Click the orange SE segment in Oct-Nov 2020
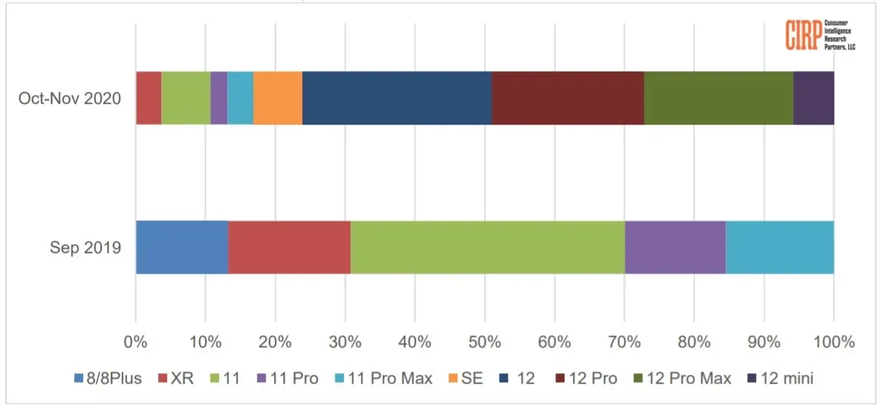278,98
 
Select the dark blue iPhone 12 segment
397,98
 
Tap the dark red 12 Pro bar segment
567,98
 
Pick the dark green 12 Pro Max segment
718,98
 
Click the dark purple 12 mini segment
813,98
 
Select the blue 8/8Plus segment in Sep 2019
181,247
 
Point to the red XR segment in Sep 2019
289,247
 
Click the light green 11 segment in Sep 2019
487,247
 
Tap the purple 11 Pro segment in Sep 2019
674,247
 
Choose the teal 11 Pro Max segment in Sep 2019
779,247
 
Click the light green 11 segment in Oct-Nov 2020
186,98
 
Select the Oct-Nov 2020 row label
70,98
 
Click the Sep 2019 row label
85,248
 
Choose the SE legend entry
466,378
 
